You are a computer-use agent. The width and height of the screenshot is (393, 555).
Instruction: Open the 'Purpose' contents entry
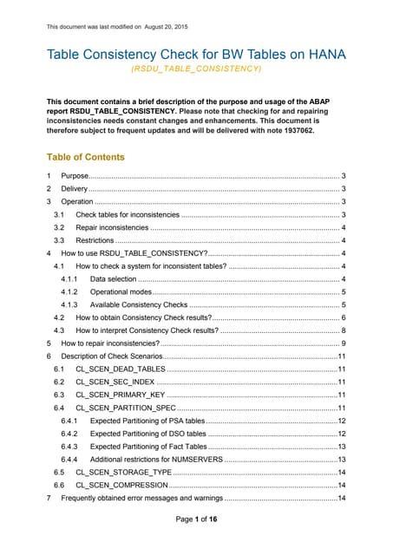(x=75, y=176)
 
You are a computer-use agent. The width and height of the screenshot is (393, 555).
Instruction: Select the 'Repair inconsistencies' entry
(x=112, y=227)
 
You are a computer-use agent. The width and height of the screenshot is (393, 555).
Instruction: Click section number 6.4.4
(x=71, y=460)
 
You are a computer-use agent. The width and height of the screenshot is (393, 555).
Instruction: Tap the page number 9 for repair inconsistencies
(x=344, y=343)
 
